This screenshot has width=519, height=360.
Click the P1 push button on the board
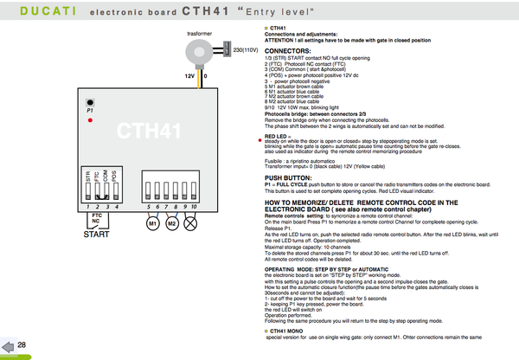[90, 102]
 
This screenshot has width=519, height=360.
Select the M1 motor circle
[153, 223]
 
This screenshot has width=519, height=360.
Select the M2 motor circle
[172, 223]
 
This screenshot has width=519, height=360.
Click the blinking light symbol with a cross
[193, 223]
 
